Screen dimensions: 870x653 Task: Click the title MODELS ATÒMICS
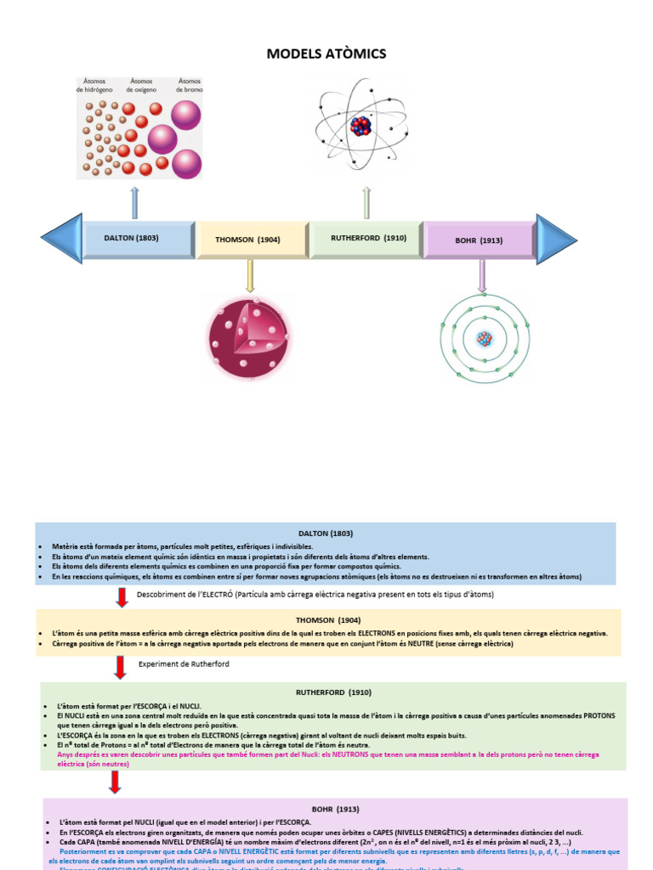326,54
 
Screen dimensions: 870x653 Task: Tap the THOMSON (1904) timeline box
253,240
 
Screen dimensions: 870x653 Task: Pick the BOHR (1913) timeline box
479,240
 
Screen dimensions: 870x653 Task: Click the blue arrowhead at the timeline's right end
555,239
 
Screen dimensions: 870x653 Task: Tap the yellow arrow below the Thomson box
250,275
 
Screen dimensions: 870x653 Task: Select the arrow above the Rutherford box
366,203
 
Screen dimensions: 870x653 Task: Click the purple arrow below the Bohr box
482,276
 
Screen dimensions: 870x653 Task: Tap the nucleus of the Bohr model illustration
484,339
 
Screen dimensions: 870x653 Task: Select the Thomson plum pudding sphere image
249,327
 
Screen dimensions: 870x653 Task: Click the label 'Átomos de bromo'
189,85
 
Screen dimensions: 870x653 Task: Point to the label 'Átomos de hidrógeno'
94,85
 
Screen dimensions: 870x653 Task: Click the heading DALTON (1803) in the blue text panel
326,533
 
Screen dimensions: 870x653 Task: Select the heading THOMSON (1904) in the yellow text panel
327,620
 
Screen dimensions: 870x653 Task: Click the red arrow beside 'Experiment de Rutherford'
121,667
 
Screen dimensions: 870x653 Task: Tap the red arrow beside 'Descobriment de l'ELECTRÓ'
121,596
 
